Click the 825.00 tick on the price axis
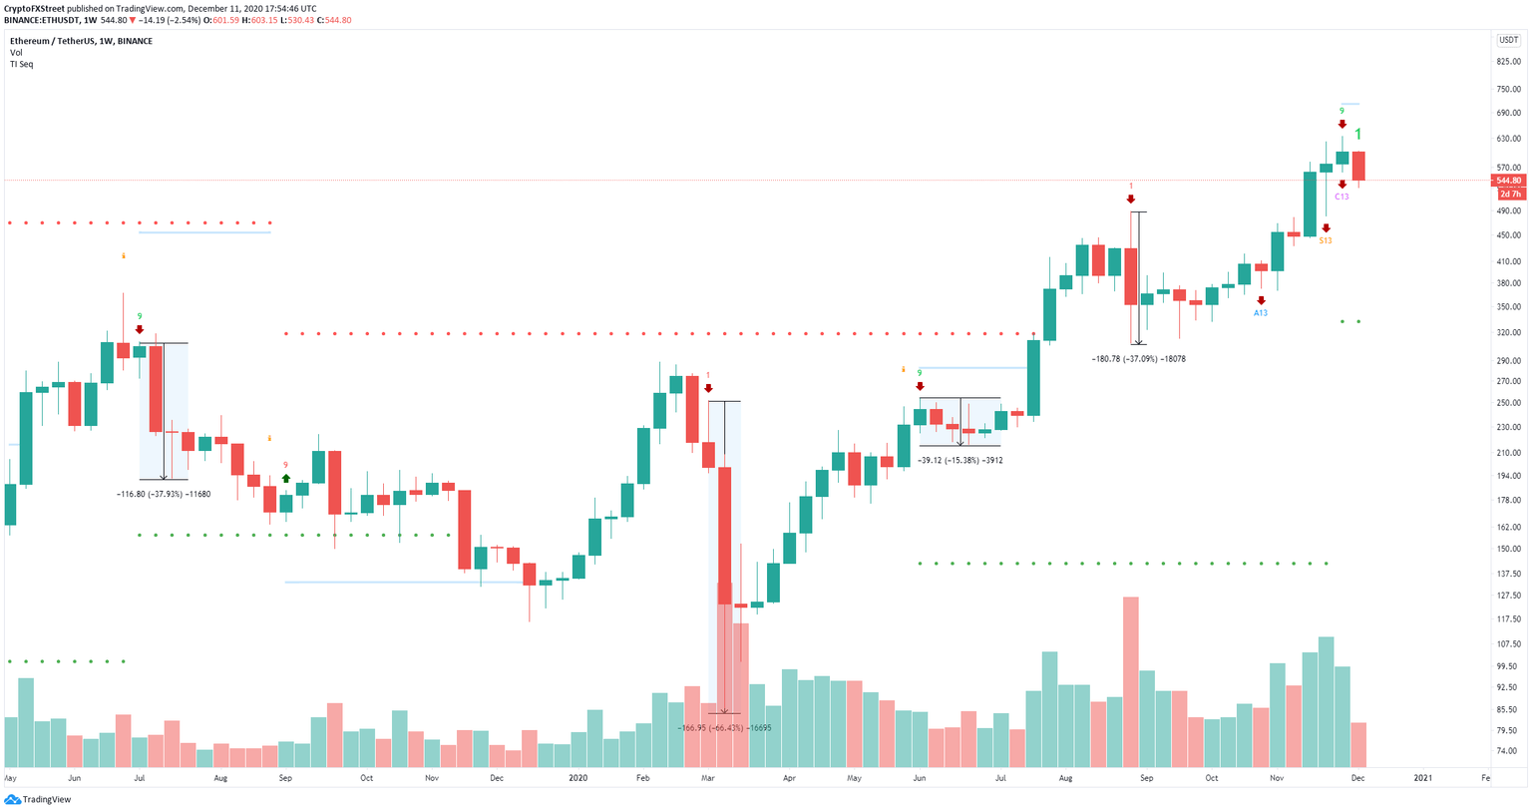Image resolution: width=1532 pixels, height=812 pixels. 1508,62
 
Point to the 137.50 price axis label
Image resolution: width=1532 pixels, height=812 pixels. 1508,574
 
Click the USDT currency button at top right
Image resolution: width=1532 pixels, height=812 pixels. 1507,40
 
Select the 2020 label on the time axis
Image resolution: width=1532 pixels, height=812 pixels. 577,777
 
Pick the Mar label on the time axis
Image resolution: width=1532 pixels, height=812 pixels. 708,777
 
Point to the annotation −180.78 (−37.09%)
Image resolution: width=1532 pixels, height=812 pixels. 1138,358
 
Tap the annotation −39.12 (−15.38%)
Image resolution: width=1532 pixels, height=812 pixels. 959,460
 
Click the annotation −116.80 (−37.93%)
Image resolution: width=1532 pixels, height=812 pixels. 164,494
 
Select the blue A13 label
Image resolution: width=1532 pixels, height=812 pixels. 1261,313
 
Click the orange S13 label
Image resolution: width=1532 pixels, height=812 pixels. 1326,240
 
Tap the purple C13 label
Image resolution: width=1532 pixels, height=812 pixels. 1341,197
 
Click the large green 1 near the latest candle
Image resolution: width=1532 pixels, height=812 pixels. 1357,135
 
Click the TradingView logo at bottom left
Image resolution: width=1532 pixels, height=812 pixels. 39,799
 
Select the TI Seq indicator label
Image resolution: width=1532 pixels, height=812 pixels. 21,64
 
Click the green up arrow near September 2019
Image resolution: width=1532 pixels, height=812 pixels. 286,479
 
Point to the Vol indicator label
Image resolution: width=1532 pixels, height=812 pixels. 16,53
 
